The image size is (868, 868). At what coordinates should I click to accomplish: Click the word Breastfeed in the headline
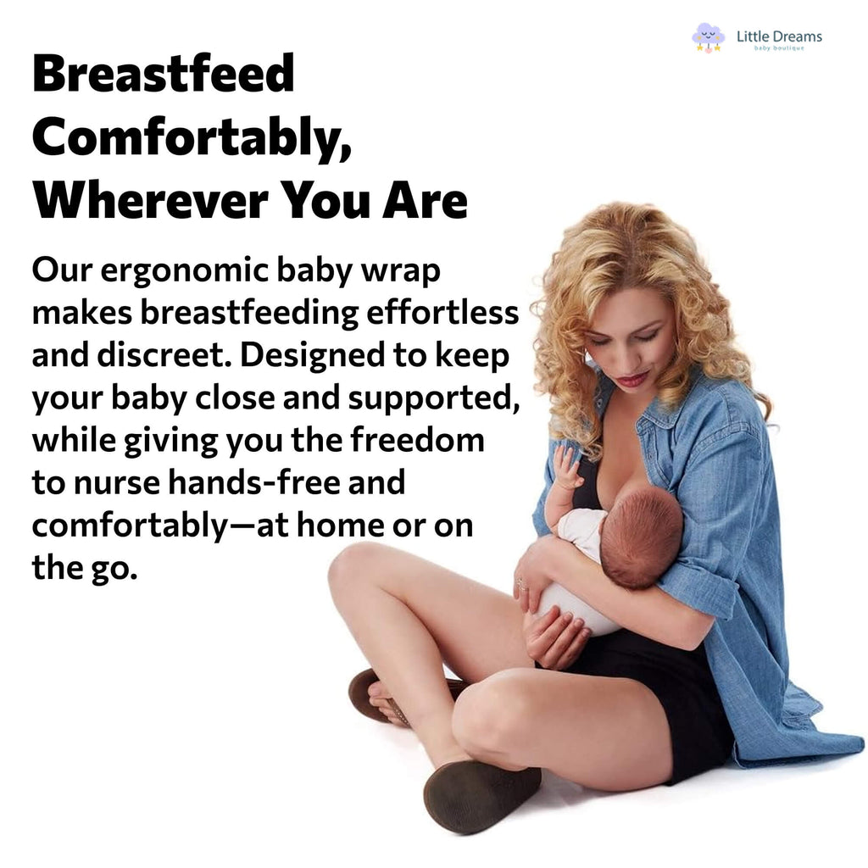[163, 75]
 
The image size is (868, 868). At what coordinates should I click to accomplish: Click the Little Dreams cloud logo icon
[708, 37]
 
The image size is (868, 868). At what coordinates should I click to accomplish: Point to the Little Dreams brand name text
[779, 36]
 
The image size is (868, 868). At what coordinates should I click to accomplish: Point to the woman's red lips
[632, 379]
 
